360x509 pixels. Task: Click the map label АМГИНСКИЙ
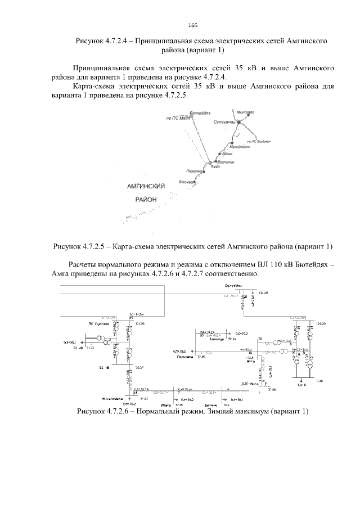[146, 186]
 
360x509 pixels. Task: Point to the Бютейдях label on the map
[200, 113]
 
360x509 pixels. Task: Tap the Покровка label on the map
[193, 170]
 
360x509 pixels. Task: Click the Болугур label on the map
[187, 182]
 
